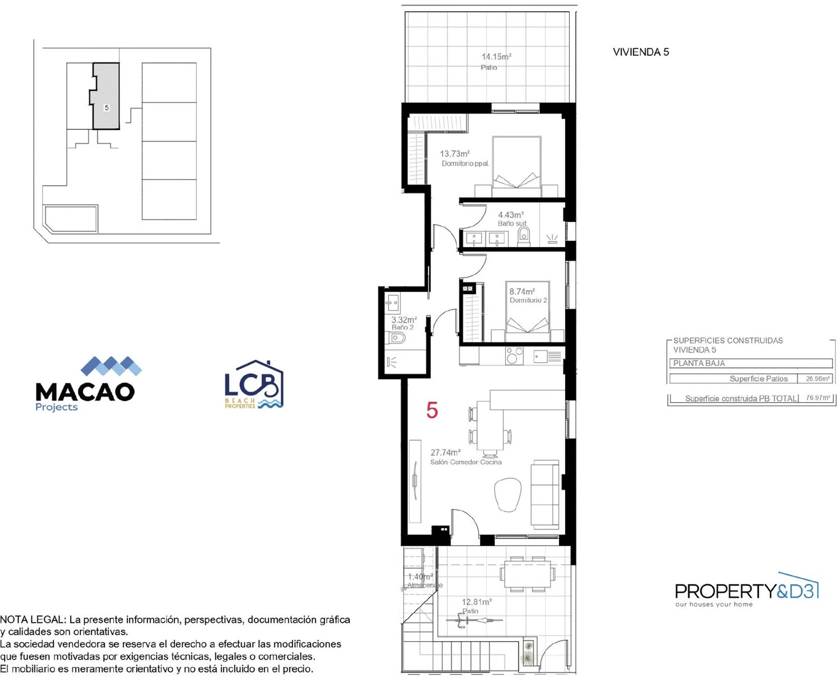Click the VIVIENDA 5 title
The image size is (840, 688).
click(x=640, y=52)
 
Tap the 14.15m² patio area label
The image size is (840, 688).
click(x=496, y=57)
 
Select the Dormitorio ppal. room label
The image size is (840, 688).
click(x=465, y=164)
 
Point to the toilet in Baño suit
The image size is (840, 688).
click(x=523, y=236)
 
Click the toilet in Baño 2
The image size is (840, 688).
click(x=397, y=338)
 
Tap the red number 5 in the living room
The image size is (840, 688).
click(x=432, y=410)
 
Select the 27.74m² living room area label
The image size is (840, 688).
click(x=445, y=452)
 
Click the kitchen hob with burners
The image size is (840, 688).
click(x=514, y=355)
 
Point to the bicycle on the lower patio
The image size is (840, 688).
click(x=474, y=620)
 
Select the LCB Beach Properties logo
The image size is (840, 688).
click(x=254, y=384)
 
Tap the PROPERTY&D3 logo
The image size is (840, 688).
click(x=747, y=590)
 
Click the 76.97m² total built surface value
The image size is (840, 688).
click(x=818, y=398)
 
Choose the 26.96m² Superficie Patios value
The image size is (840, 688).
click(x=818, y=378)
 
